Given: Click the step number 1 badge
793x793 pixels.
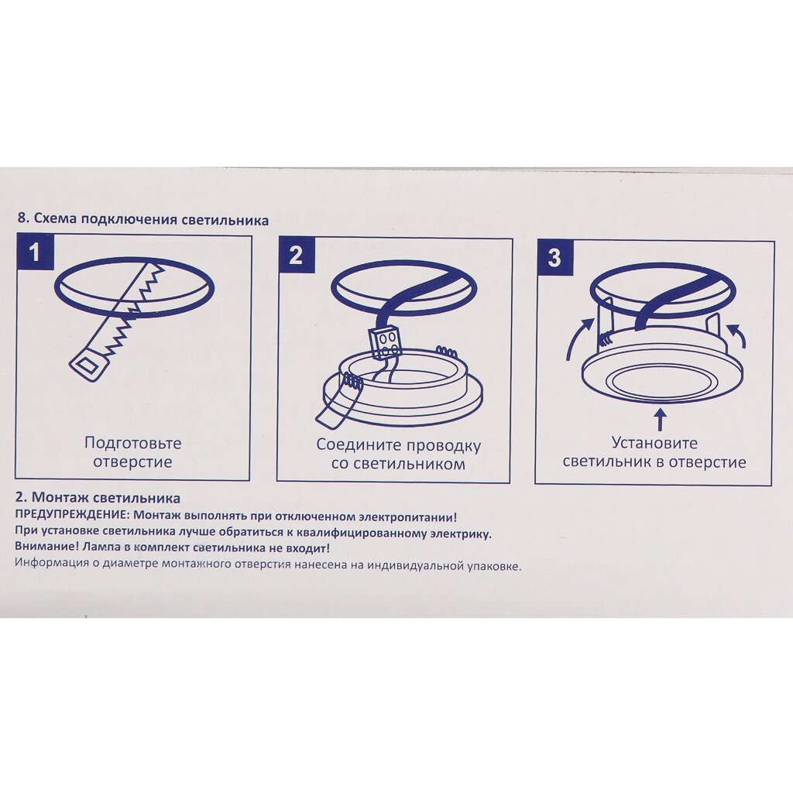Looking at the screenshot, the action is [x=35, y=252].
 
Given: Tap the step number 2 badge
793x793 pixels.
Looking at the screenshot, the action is [x=297, y=255].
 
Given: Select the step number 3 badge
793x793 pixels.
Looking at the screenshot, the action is [x=554, y=257].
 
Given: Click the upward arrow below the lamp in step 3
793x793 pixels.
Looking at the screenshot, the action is [x=660, y=420].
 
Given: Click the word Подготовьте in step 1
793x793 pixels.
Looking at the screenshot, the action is [x=132, y=443].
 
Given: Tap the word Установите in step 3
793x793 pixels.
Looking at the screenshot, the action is [x=654, y=443].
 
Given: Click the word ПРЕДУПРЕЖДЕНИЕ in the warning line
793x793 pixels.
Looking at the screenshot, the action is [x=72, y=517].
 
